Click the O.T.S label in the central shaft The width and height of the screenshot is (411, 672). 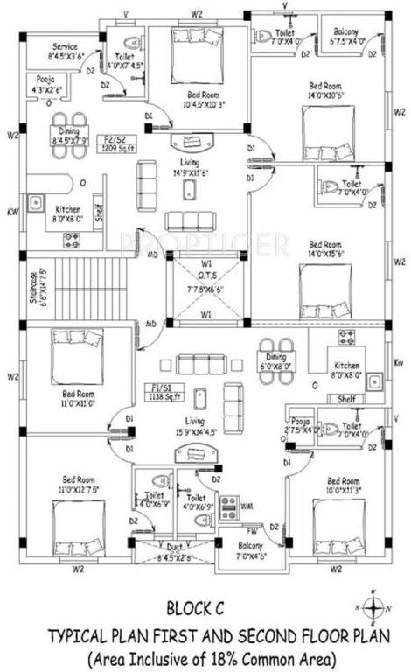(205, 276)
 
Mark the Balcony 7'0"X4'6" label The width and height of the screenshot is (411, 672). (240, 549)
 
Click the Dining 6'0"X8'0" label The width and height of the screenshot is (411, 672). (276, 363)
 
